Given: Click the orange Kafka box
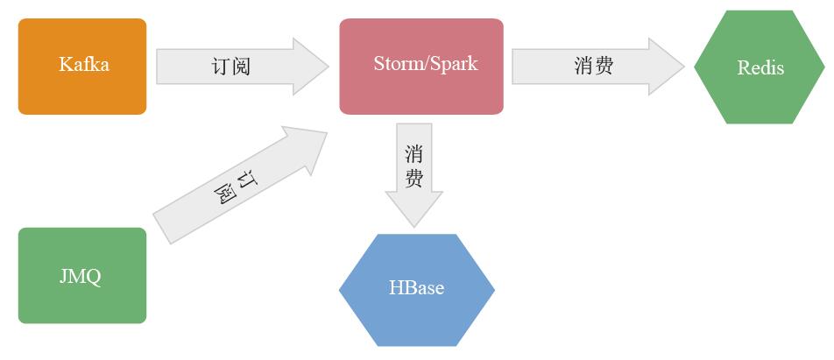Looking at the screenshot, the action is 82,67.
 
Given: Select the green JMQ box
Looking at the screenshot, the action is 82,275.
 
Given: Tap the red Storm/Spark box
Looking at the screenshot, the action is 421,67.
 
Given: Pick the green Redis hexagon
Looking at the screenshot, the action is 760,67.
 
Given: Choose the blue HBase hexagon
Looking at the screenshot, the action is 416,290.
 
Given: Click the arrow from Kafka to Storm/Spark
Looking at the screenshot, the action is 242,67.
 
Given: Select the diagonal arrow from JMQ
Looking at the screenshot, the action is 240,185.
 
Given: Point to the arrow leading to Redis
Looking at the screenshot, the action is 597,67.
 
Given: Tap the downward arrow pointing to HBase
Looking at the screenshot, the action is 413,175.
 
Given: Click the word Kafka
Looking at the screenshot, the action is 84,64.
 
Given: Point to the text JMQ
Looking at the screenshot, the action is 81,277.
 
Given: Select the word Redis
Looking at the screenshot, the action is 760,67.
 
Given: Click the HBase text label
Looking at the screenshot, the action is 416,287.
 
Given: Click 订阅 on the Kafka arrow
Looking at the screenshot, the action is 231,67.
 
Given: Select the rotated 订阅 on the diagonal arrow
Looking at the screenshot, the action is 236,187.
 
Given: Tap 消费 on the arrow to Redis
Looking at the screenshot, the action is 594,66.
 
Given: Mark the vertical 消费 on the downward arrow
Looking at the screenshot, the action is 413,166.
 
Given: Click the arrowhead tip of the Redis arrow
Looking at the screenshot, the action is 684,67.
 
